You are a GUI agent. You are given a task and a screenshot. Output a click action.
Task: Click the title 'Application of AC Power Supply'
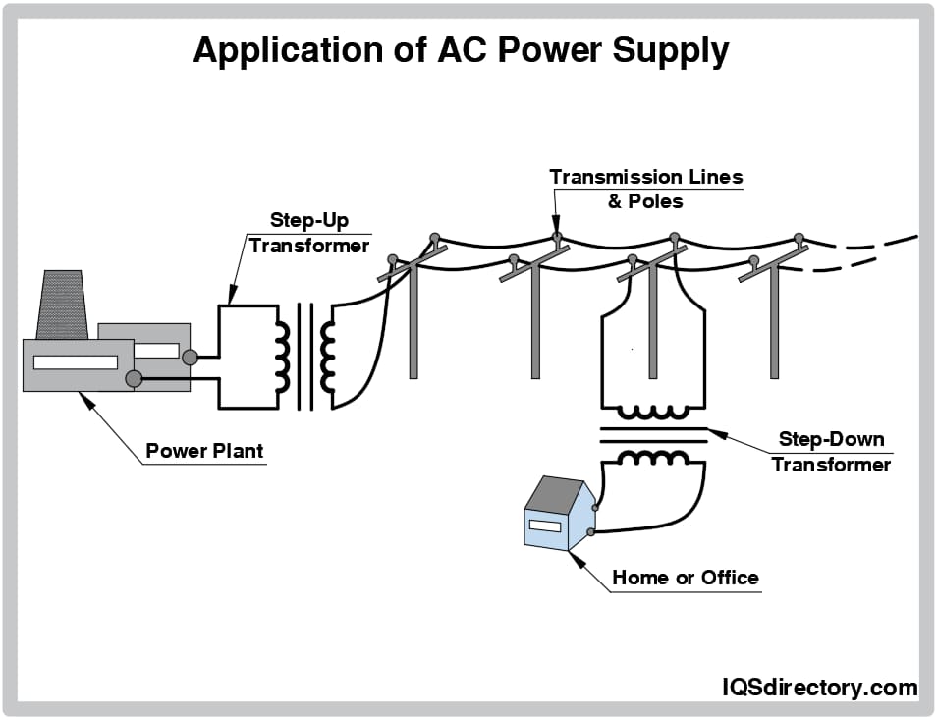point(461,50)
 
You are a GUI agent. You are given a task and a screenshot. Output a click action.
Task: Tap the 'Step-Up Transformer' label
point(308,233)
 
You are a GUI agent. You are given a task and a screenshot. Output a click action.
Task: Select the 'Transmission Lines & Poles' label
point(645,189)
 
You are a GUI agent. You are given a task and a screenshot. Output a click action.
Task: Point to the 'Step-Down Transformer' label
point(831,452)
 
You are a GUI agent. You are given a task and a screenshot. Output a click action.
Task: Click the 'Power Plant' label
point(204,452)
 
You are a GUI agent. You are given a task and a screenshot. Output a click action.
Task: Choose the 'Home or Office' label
point(685,578)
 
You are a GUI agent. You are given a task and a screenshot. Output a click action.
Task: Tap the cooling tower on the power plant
point(60,303)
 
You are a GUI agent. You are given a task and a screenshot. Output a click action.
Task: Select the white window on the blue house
point(544,526)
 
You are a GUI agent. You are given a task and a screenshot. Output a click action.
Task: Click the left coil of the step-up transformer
point(282,356)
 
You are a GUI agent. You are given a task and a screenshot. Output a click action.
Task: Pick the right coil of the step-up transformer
point(327,356)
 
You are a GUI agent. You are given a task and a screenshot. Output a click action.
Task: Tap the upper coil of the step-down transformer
point(652,414)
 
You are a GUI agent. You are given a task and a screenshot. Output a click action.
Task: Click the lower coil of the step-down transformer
point(652,457)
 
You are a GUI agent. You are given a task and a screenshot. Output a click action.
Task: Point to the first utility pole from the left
point(413,324)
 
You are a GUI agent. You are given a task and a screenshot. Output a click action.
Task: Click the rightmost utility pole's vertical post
point(774,324)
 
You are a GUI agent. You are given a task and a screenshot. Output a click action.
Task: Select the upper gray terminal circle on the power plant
point(190,358)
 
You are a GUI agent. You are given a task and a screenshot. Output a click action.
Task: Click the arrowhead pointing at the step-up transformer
point(232,296)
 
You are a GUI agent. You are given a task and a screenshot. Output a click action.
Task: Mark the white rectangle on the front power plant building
point(75,362)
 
